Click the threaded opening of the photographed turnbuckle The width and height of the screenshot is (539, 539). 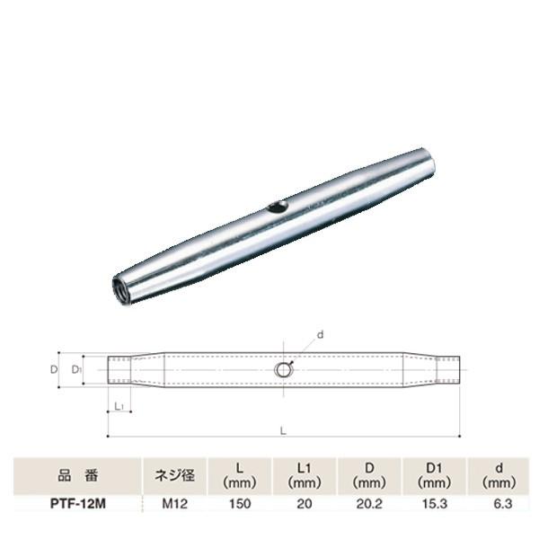point(121,291)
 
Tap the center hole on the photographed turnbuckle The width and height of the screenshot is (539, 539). point(278,208)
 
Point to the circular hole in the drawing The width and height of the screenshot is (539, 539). point(284,370)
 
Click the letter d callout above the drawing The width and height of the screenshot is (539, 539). point(321,334)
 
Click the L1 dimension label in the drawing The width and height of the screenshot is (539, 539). point(119,406)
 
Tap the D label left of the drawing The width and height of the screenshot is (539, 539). point(53,369)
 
